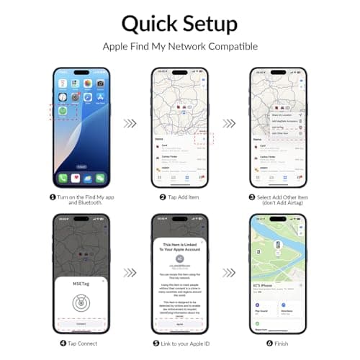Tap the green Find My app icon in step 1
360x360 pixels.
[x=63, y=112]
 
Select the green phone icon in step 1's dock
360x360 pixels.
[x=63, y=177]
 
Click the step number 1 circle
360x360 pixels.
[x=42, y=197]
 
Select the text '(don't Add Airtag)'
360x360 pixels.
[x=278, y=204]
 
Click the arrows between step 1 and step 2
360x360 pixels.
[x=130, y=123]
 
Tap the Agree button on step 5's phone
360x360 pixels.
[x=180, y=324]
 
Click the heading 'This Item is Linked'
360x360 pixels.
[x=180, y=246]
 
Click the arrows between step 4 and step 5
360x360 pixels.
[x=130, y=273]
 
